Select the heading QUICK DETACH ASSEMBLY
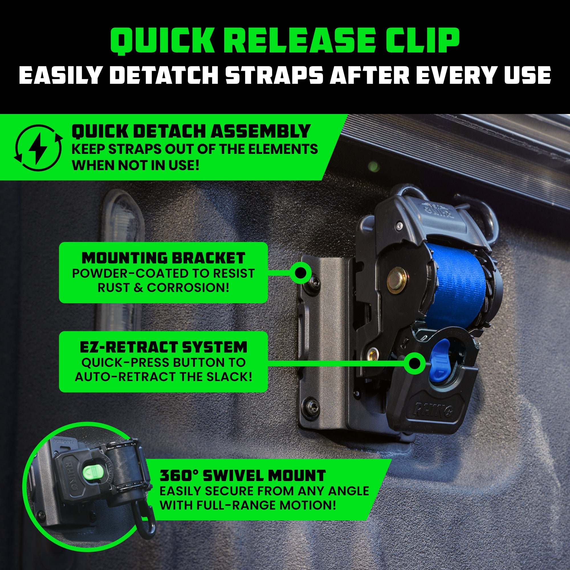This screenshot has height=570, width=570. click(191, 131)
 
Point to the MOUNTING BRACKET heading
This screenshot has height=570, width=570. click(163, 258)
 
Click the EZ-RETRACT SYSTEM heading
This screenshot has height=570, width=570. click(163, 347)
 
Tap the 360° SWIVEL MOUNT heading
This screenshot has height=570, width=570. click(243, 475)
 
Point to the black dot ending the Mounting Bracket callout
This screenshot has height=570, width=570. click(300, 273)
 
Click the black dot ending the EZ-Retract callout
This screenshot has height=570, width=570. click(415, 363)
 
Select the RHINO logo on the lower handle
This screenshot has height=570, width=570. click(434, 409)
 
